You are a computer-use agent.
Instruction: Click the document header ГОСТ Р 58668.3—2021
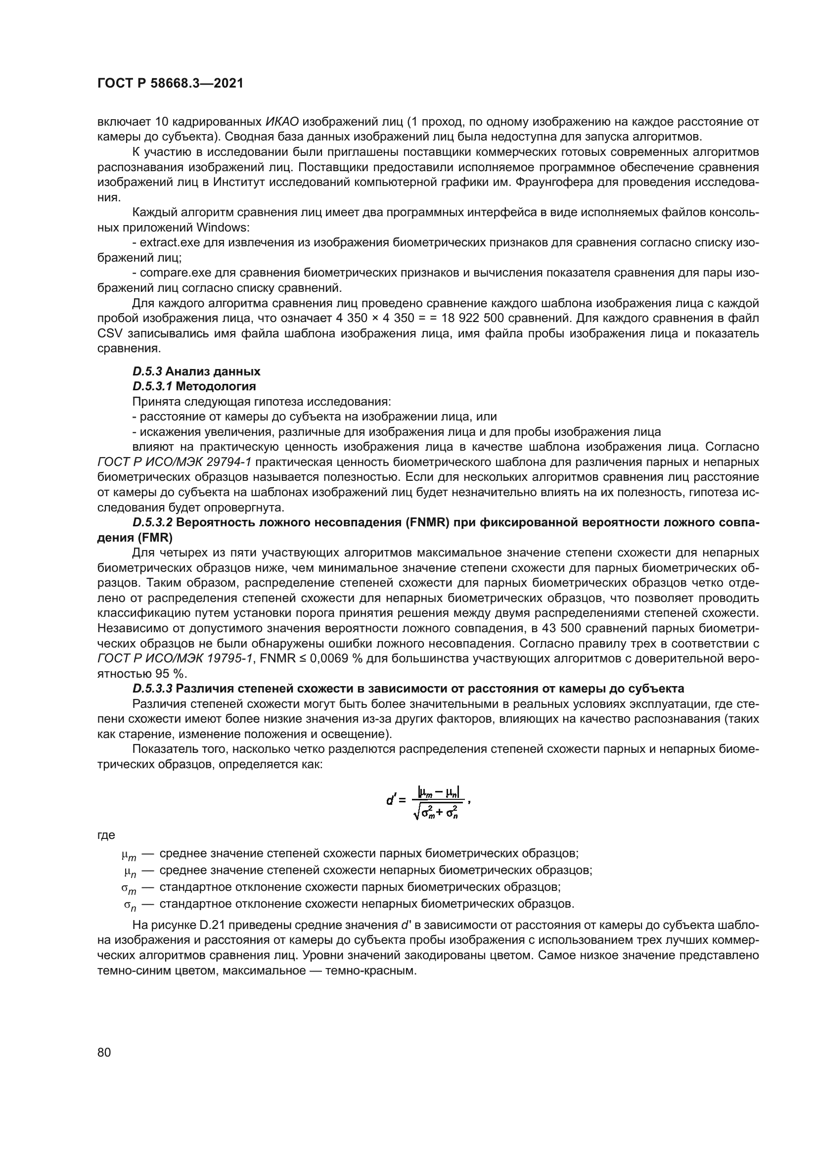click(170, 84)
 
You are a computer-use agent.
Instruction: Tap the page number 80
click(104, 1052)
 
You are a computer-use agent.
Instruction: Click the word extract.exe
click(170, 243)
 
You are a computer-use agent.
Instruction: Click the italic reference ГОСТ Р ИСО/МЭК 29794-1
click(174, 462)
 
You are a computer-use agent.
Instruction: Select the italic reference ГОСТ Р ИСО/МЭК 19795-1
click(174, 658)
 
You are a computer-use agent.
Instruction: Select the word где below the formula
click(106, 835)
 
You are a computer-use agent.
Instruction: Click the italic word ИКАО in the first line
click(281, 122)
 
